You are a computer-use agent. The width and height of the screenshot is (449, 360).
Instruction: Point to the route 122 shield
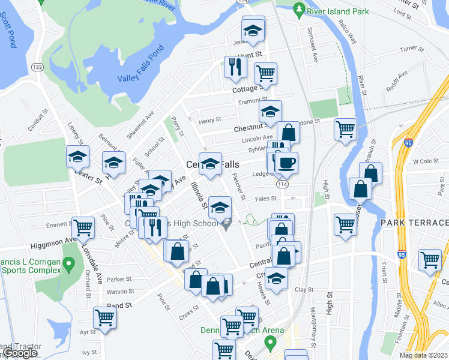38,67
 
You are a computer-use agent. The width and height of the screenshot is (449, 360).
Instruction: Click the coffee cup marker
286,162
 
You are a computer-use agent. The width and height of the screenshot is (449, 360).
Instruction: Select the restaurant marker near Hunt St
235,67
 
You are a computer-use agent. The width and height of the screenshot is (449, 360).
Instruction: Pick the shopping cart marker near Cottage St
265,73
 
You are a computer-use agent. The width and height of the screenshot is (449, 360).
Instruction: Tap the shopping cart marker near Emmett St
83,227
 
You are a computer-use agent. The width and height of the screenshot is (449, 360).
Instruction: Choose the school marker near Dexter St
78,157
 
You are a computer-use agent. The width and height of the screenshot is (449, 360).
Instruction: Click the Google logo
20,353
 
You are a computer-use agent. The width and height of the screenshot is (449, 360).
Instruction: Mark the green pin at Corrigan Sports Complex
68,263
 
